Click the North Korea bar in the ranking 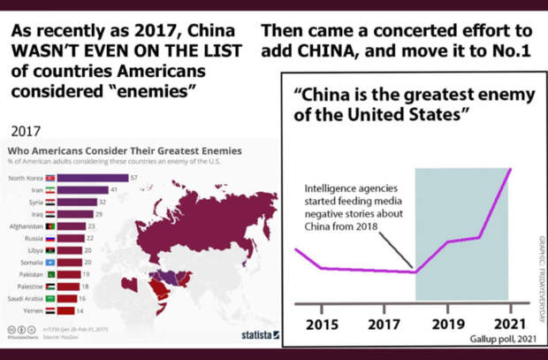[93, 178]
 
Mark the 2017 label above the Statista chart [27, 131]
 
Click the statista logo [259, 335]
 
